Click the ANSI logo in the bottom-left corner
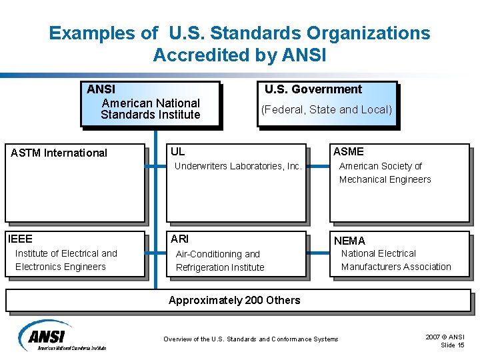point(61,336)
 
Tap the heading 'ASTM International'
point(59,153)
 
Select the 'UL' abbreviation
point(177,151)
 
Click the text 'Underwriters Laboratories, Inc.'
point(238,166)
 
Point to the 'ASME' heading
point(348,151)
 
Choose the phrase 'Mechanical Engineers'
point(385,179)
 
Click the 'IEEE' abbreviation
point(20,239)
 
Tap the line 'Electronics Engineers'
point(60,267)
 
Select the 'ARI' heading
point(179,239)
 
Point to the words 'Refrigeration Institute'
point(219,267)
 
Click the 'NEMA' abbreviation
point(349,241)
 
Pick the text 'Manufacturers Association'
point(396,267)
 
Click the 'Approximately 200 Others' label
point(234,300)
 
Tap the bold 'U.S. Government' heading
point(313,89)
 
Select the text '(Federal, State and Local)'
point(326,109)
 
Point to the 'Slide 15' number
point(453,345)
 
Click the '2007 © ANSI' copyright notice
point(445,337)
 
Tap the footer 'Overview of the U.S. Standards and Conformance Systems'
point(251,339)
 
